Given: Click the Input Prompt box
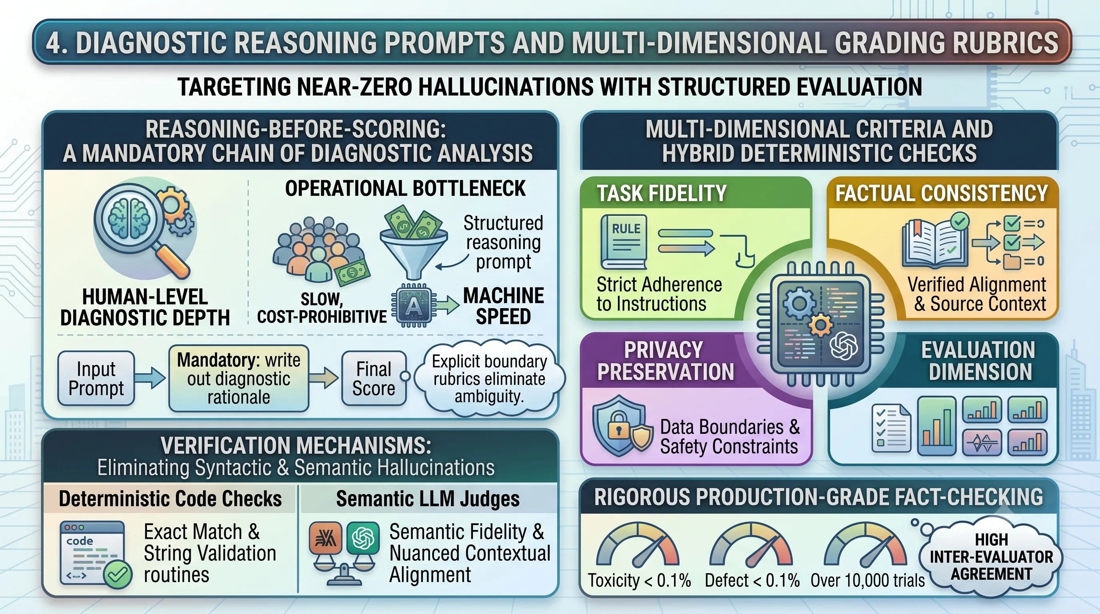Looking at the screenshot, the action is tap(96, 378).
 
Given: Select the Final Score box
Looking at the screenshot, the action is tap(374, 378).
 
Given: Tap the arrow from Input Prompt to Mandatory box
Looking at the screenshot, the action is tap(150, 377).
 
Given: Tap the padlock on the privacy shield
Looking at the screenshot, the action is tap(618, 425).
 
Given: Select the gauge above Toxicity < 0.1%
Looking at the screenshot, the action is tap(638, 544).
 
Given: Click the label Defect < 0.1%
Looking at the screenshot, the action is tap(752, 580).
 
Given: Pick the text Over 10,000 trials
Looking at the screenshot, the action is tap(867, 580).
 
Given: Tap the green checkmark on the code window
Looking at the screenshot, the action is tap(118, 574).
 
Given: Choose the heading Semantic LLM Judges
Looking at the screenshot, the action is tap(428, 498).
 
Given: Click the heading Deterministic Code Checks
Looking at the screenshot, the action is tap(170, 498).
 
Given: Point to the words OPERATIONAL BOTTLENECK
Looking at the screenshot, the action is tap(405, 188).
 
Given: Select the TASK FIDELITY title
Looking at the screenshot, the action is tap(662, 193).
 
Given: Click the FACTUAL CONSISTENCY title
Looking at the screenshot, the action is tap(942, 193).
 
